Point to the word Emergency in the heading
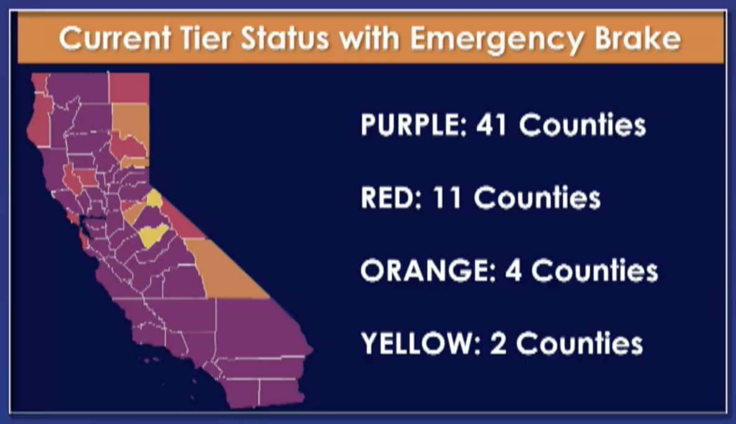tap(497, 39)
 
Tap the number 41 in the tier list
tap(491, 125)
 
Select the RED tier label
tap(390, 198)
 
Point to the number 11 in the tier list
tap(446, 198)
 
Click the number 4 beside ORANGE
tap(513, 270)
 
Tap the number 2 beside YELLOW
tap(499, 343)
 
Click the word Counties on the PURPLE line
tap(582, 125)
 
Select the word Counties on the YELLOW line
tap(579, 343)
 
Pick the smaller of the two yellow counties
tap(154, 198)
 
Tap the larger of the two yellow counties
tap(153, 235)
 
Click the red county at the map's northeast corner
tap(129, 88)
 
